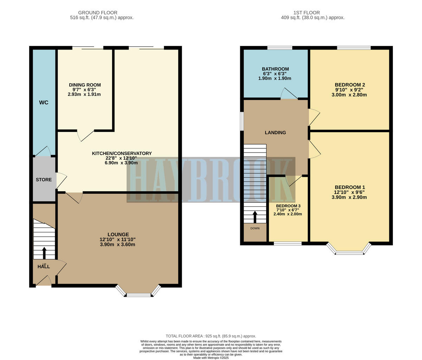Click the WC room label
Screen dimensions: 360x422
pyautogui.click(x=44, y=103)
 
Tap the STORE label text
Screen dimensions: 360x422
pyautogui.click(x=44, y=180)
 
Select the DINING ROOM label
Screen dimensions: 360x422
pyautogui.click(x=85, y=85)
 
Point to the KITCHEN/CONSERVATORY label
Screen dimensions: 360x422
pyautogui.click(x=122, y=153)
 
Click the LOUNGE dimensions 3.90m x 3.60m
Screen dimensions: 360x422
pyautogui.click(x=117, y=244)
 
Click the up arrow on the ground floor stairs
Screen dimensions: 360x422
pyautogui.click(x=44, y=253)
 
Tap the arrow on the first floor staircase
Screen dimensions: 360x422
pyautogui.click(x=255, y=217)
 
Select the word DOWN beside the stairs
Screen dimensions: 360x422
pyautogui.click(x=255, y=229)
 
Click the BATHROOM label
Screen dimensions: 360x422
pyautogui.click(x=275, y=69)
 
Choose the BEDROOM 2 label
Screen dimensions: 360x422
pyautogui.click(x=350, y=85)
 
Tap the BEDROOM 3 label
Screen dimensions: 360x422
pyautogui.click(x=288, y=206)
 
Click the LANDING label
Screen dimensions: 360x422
pyautogui.click(x=275, y=133)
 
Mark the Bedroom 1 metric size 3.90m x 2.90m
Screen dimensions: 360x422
pyautogui.click(x=349, y=197)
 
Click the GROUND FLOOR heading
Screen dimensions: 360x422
pyautogui.click(x=98, y=13)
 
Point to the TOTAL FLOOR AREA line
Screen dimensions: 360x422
pyautogui.click(x=211, y=336)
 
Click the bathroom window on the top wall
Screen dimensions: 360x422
pyautogui.click(x=280, y=48)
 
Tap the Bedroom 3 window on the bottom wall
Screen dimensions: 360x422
pyautogui.click(x=288, y=243)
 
